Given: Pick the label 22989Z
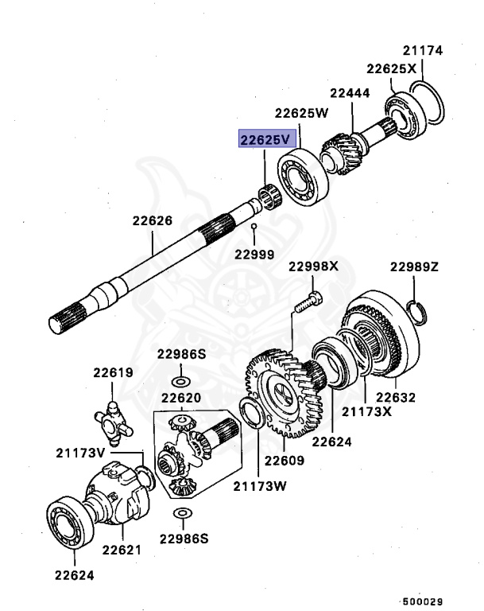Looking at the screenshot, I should click(413, 266).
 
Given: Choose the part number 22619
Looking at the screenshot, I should click(112, 372).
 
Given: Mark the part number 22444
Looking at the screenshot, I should click(350, 93).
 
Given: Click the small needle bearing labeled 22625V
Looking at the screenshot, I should click(270, 194).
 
